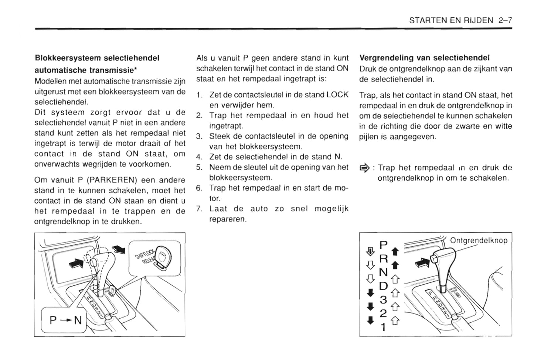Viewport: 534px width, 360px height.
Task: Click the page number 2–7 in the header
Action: click(505, 20)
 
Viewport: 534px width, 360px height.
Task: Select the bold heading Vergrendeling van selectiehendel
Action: click(424, 58)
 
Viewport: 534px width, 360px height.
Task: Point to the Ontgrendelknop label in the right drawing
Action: click(479, 241)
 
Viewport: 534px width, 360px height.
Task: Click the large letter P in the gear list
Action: click(384, 244)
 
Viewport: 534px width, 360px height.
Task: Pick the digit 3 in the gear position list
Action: click(383, 300)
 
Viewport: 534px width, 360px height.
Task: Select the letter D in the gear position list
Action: click(384, 286)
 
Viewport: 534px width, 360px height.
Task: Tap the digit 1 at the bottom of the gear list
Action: click(383, 327)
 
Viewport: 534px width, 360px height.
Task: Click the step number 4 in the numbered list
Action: click(199, 157)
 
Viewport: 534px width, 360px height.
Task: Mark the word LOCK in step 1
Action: click(337, 95)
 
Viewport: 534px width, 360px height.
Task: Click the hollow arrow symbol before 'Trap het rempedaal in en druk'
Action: click(364, 168)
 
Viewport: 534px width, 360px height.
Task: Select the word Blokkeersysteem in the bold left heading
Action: click(68, 58)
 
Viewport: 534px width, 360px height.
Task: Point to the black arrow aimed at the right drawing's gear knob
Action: click(422, 262)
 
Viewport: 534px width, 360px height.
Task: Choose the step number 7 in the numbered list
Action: click(199, 209)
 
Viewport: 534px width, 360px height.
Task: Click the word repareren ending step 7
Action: click(227, 219)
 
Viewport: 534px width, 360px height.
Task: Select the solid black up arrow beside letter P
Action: click(395, 252)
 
